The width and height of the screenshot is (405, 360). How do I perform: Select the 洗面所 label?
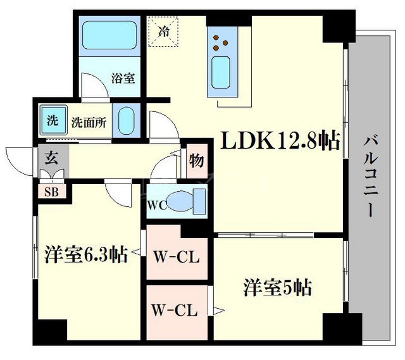click(87, 121)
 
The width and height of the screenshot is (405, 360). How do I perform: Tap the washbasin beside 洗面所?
click(127, 119)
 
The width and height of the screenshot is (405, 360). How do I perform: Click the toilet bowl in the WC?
click(184, 202)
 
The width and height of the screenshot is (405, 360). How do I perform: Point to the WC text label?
click(156, 206)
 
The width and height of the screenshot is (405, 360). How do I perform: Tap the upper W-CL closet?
click(177, 258)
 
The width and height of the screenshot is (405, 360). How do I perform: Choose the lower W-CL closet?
click(177, 310)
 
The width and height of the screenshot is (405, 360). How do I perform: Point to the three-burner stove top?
click(221, 40)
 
